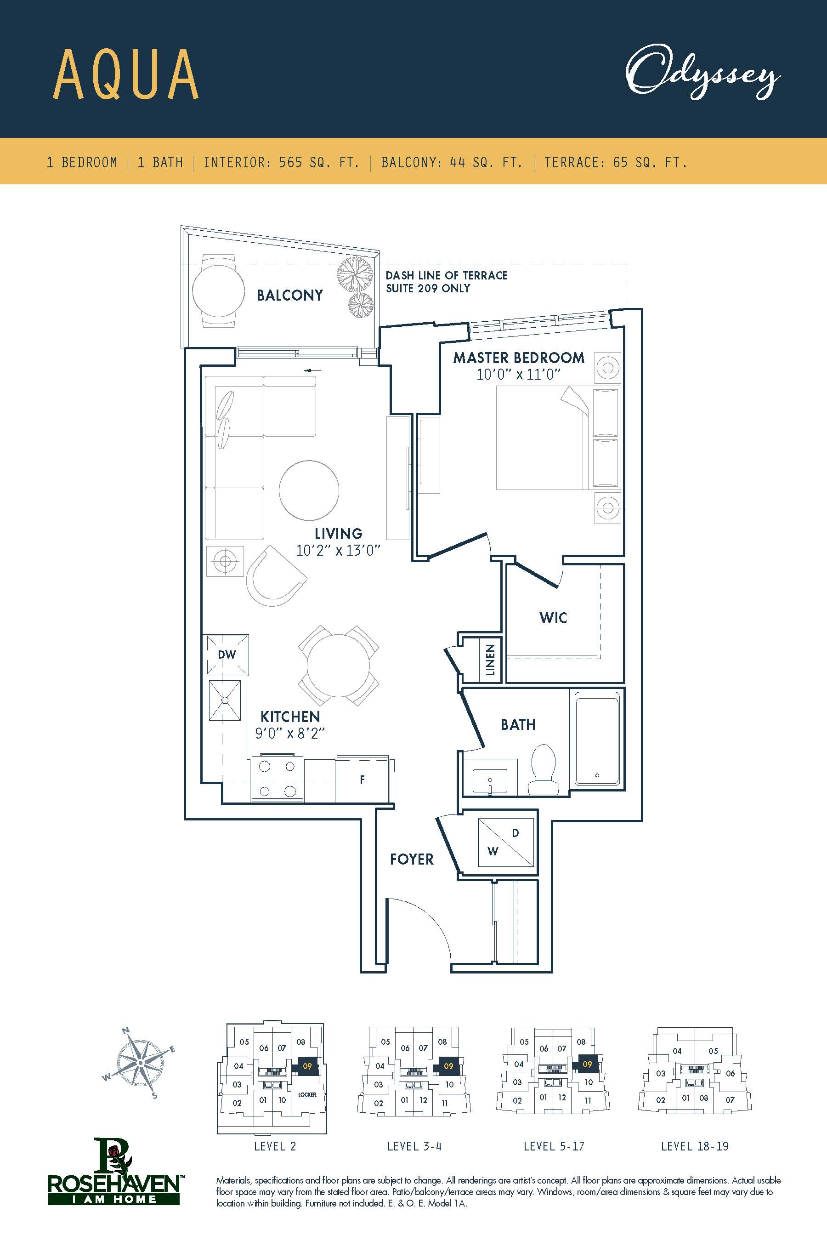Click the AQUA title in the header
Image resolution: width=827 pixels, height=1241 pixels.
pyautogui.click(x=125, y=75)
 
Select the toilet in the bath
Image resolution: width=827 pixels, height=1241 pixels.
pyautogui.click(x=543, y=769)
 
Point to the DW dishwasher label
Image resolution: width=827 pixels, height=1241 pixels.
pyautogui.click(x=227, y=654)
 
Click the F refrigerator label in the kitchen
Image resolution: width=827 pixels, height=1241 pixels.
pyautogui.click(x=363, y=780)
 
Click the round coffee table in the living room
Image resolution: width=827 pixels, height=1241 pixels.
pyautogui.click(x=309, y=490)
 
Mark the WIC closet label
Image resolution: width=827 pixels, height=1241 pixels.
pyautogui.click(x=553, y=618)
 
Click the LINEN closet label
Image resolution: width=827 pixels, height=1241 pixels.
pyautogui.click(x=490, y=660)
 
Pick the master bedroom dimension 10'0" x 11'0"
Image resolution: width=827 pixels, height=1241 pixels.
pyautogui.click(x=518, y=375)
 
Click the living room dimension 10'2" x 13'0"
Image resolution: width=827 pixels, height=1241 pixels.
pyautogui.click(x=338, y=550)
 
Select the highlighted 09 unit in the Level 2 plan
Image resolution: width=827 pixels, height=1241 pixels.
pyautogui.click(x=307, y=1066)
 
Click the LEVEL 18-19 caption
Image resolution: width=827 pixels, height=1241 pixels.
pyautogui.click(x=695, y=1146)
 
